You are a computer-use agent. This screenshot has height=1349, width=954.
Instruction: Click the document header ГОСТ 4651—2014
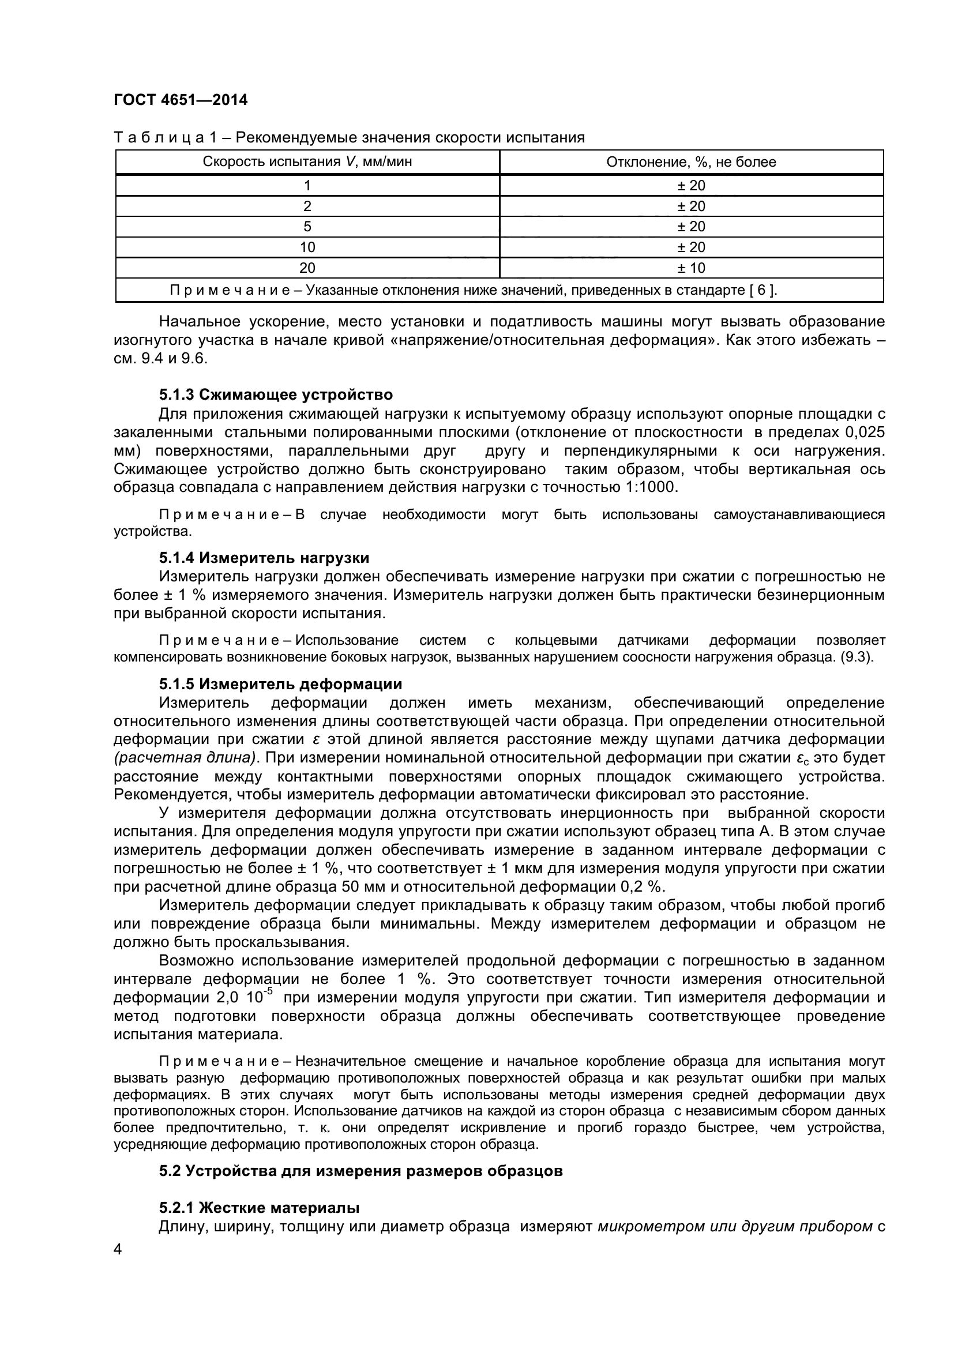[x=181, y=100]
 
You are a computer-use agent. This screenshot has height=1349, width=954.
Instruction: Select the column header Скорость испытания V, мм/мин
[x=307, y=162]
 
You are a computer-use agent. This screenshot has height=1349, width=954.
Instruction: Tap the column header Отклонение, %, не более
[x=691, y=162]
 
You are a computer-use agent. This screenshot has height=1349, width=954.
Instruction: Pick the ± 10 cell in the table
[x=691, y=268]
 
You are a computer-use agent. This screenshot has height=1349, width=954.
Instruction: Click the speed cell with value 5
[x=307, y=227]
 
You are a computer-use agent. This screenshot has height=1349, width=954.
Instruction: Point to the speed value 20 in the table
[x=307, y=268]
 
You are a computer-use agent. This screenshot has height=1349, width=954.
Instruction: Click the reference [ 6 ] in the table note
[x=763, y=290]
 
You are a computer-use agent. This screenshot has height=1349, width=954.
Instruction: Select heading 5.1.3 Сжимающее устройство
[x=276, y=394]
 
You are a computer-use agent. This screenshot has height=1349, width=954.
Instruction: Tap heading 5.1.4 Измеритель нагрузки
[x=264, y=558]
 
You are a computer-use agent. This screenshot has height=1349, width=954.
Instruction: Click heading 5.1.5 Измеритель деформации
[x=280, y=684]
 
